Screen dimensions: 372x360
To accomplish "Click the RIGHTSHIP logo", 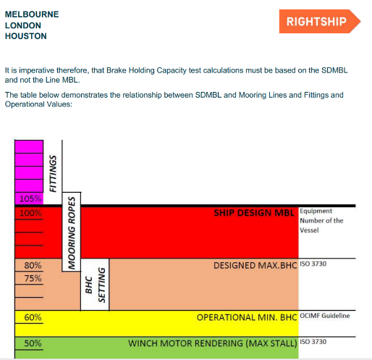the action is coord(320,21).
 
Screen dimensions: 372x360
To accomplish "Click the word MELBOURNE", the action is coord(32,14).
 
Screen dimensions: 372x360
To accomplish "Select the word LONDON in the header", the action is coord(23,25).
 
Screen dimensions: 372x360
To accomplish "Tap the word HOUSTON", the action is coord(26,36).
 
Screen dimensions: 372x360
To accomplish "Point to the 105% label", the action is coord(30,198).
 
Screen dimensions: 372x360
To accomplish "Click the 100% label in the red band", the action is coord(30,213).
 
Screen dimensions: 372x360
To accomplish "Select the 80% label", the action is coord(33,265).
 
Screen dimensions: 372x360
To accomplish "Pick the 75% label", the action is coord(33,278).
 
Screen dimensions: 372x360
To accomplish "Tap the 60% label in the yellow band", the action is coord(33,317).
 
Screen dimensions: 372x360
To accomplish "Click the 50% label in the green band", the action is coord(33,343).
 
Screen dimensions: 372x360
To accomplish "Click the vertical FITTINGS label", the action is coord(53,174).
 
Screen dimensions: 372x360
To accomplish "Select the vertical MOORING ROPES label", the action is coord(72,233).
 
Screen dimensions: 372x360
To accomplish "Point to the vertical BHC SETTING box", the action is coord(95,285).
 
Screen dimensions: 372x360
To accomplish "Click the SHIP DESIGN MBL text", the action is coord(254,213).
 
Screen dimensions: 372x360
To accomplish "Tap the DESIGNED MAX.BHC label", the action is coord(255,266).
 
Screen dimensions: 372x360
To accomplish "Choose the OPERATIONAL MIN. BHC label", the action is coord(247,317).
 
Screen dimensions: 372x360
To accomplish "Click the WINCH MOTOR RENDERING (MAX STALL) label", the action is coord(213,343).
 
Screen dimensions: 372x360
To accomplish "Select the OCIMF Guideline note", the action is coord(325,316).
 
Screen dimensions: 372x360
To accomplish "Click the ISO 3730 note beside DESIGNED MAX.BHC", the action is coord(313,264).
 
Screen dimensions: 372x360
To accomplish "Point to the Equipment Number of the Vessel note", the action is coord(321,220).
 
